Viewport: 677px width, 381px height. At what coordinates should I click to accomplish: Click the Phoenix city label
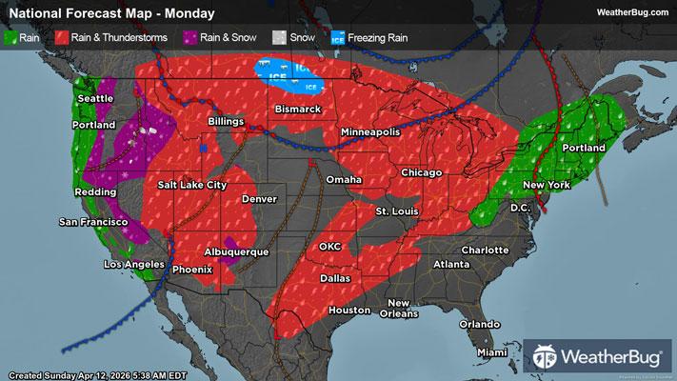pyautogui.click(x=192, y=269)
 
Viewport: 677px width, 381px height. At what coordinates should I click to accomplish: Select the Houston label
pyautogui.click(x=348, y=311)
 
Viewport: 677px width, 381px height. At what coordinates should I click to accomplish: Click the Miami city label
pyautogui.click(x=492, y=352)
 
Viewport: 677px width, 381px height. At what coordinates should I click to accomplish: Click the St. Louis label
pyautogui.click(x=394, y=210)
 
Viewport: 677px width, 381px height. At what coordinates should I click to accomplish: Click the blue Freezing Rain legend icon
pyautogui.click(x=337, y=39)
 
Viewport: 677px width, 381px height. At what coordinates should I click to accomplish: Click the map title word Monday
pyautogui.click(x=188, y=13)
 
